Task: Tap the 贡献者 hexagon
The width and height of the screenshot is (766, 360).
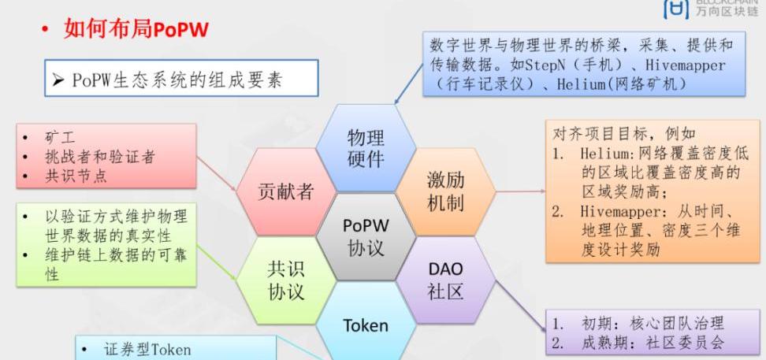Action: (285, 191)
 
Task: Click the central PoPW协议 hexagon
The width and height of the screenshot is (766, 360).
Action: (365, 236)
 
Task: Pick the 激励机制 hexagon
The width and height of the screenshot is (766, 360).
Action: (445, 191)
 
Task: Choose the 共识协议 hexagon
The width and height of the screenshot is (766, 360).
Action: (285, 280)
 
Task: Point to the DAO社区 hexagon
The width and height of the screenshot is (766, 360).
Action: (445, 280)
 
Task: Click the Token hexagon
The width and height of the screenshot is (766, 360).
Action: (365, 325)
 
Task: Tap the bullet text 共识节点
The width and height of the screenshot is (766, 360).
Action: (76, 175)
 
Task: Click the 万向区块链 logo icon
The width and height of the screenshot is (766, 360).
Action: (676, 9)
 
